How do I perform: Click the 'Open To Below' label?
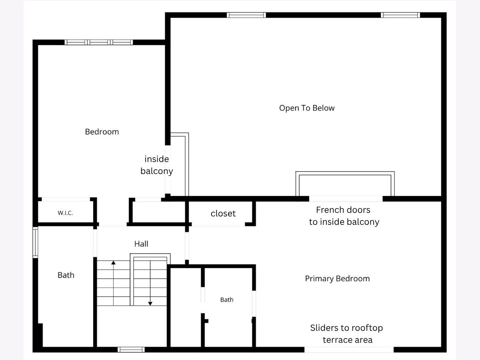307,108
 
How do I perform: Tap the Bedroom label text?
102,132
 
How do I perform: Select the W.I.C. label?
65,213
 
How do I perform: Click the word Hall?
141,244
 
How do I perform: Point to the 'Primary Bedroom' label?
338,279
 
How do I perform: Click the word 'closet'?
223,214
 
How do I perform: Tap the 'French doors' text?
343,210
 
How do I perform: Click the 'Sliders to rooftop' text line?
347,328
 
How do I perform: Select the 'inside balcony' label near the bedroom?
157,165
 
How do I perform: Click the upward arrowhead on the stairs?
113,262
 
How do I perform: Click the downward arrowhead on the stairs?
150,304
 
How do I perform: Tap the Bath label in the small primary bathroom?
227,300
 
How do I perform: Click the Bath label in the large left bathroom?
66,275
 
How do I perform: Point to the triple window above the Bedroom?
99,42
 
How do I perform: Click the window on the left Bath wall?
35,242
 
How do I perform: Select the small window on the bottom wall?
131,350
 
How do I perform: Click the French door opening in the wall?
346,199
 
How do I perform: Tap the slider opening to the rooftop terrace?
349,350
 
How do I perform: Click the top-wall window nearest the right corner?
400,15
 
